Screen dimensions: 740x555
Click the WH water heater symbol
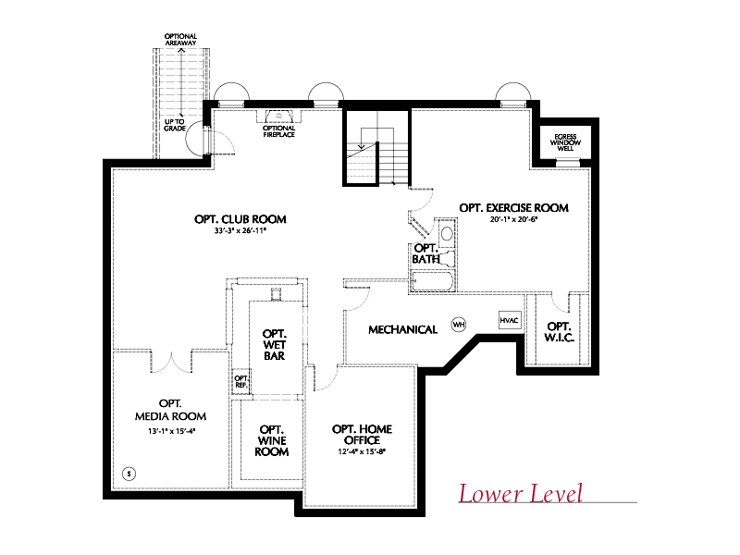click(x=458, y=325)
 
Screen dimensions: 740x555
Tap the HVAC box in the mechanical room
click(x=510, y=320)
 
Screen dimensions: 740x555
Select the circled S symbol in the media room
click(x=129, y=474)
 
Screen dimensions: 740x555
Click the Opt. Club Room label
click(x=240, y=219)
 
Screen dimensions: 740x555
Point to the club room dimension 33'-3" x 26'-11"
click(x=240, y=230)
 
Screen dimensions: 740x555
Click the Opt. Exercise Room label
click(x=513, y=207)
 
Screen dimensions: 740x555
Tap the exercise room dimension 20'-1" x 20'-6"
click(x=513, y=219)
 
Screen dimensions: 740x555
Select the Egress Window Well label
click(x=565, y=142)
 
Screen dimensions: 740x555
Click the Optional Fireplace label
click(x=279, y=131)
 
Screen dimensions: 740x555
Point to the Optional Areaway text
click(x=180, y=39)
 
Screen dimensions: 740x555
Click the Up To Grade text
click(x=175, y=125)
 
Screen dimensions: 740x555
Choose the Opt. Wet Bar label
click(x=274, y=344)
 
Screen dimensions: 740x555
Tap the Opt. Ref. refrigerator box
click(x=240, y=381)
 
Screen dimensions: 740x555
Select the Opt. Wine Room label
click(x=272, y=440)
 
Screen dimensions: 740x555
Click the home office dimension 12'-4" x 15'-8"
click(x=362, y=451)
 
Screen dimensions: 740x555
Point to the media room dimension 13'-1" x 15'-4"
click(x=171, y=431)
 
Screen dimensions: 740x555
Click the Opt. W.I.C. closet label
click(x=560, y=332)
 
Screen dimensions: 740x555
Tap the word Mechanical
click(x=403, y=329)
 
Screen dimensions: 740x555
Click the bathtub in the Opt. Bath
click(x=433, y=282)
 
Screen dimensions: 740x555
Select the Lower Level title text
click(x=521, y=494)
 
